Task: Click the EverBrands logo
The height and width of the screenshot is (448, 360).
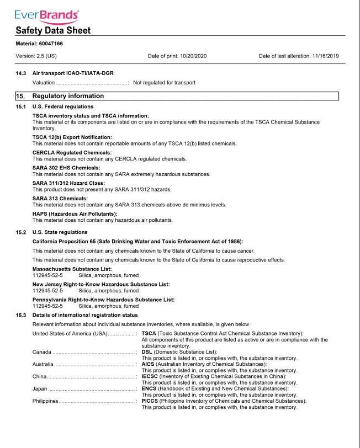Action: [x=47, y=15]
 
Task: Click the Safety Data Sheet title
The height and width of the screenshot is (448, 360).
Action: [x=53, y=31]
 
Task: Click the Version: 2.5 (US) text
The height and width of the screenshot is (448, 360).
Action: [x=36, y=56]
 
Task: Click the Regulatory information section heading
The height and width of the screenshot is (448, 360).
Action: [x=68, y=96]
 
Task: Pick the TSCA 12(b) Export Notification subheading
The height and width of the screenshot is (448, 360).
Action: [x=72, y=137]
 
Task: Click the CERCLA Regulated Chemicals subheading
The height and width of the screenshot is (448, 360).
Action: [x=72, y=152]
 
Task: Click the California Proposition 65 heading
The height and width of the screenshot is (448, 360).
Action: [x=138, y=241]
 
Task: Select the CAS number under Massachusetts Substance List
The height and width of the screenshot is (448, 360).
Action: [x=48, y=275]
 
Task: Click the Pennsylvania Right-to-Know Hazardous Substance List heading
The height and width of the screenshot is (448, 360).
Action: [x=104, y=300]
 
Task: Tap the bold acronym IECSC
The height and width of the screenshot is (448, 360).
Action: [x=150, y=376]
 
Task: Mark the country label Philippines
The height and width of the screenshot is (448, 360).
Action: [x=46, y=401]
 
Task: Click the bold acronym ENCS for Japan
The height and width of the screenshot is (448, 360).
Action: [x=149, y=388]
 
